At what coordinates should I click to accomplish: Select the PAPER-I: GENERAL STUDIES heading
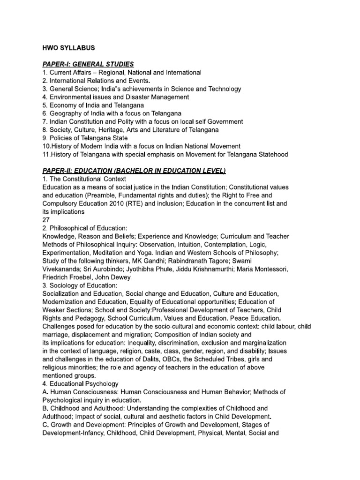[x=88, y=64]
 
